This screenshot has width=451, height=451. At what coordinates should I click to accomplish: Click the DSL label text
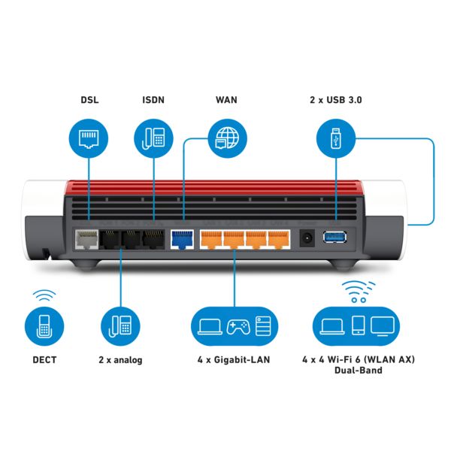click(x=89, y=100)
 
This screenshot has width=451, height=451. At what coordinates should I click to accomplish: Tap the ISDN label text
click(x=153, y=100)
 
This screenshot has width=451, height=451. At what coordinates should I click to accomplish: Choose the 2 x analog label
click(x=120, y=359)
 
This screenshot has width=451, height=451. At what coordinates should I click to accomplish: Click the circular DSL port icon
click(x=89, y=138)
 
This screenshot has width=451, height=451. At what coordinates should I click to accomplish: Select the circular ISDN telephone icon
click(x=153, y=138)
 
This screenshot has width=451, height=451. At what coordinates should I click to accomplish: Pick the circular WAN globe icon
click(x=225, y=138)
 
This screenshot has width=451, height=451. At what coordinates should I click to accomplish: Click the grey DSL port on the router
click(x=86, y=240)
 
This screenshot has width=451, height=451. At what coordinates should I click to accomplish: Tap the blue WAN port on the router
click(x=182, y=240)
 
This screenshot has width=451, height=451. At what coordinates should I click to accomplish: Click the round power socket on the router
click(x=307, y=239)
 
